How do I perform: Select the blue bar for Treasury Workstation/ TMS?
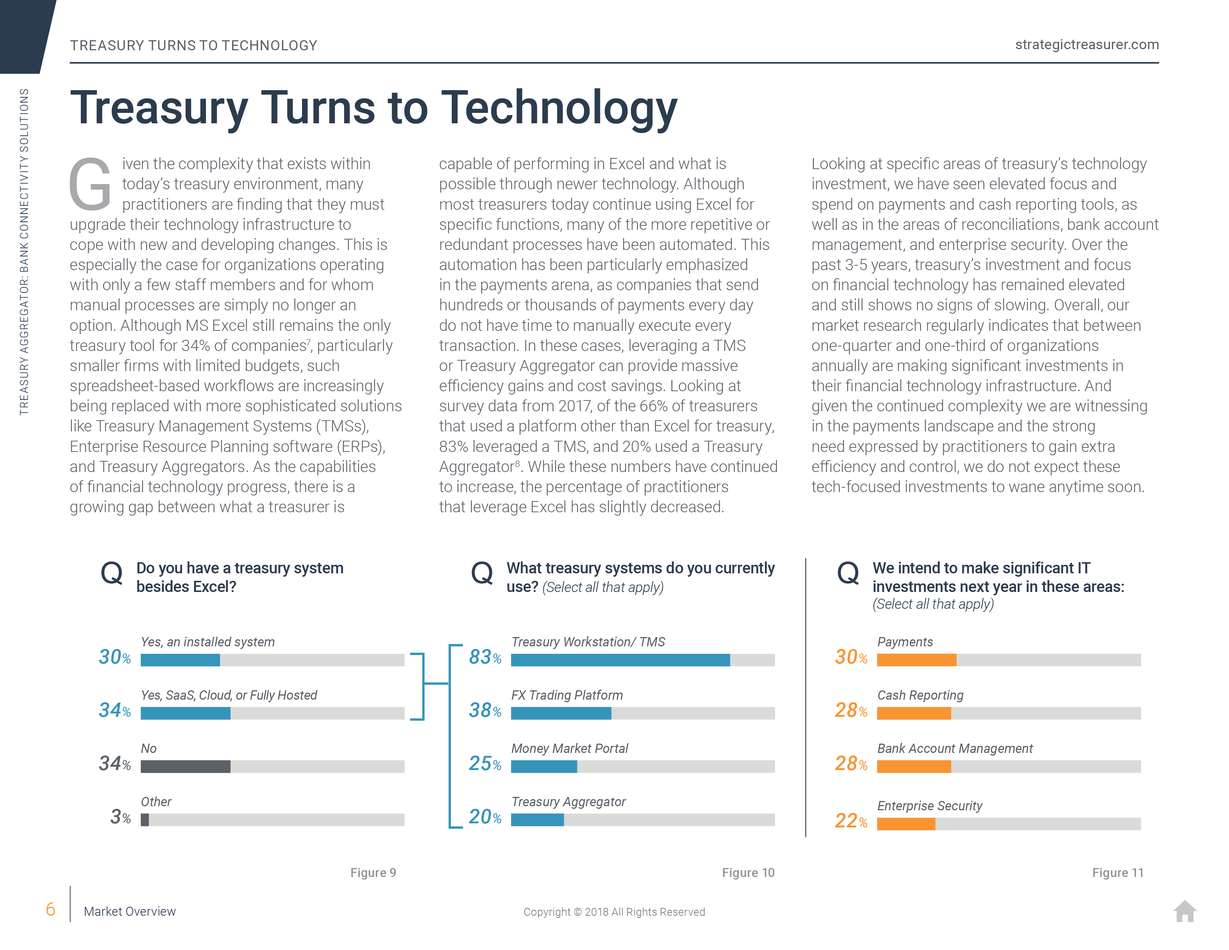[620, 660]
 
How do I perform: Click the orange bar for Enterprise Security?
[906, 824]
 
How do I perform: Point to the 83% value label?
[485, 657]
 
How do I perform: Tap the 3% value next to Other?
[120, 817]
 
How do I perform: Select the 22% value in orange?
[851, 821]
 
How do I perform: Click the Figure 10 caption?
[748, 873]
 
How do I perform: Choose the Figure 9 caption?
[373, 873]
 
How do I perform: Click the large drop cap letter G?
[90, 183]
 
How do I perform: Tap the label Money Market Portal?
[569, 748]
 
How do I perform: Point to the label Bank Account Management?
[955, 748]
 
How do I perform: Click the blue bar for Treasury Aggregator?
[537, 820]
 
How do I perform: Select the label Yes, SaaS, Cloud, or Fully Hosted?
[229, 695]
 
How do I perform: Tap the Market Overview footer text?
[130, 912]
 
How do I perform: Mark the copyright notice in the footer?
[614, 912]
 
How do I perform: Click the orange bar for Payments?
[917, 660]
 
